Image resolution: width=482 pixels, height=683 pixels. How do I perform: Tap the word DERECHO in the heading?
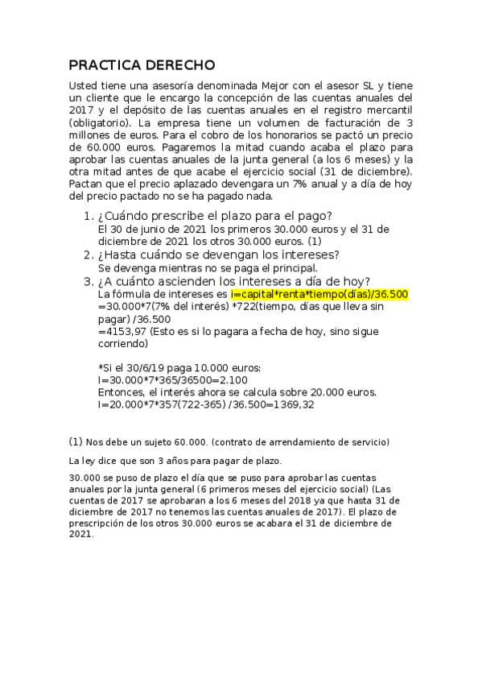pos(179,64)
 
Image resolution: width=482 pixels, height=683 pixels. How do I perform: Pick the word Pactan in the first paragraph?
pos(87,184)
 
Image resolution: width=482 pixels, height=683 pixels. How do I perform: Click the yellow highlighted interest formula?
pos(319,295)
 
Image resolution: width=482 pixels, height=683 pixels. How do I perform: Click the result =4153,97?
pos(122,331)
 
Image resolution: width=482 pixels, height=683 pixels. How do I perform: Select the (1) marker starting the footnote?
pos(76,442)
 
